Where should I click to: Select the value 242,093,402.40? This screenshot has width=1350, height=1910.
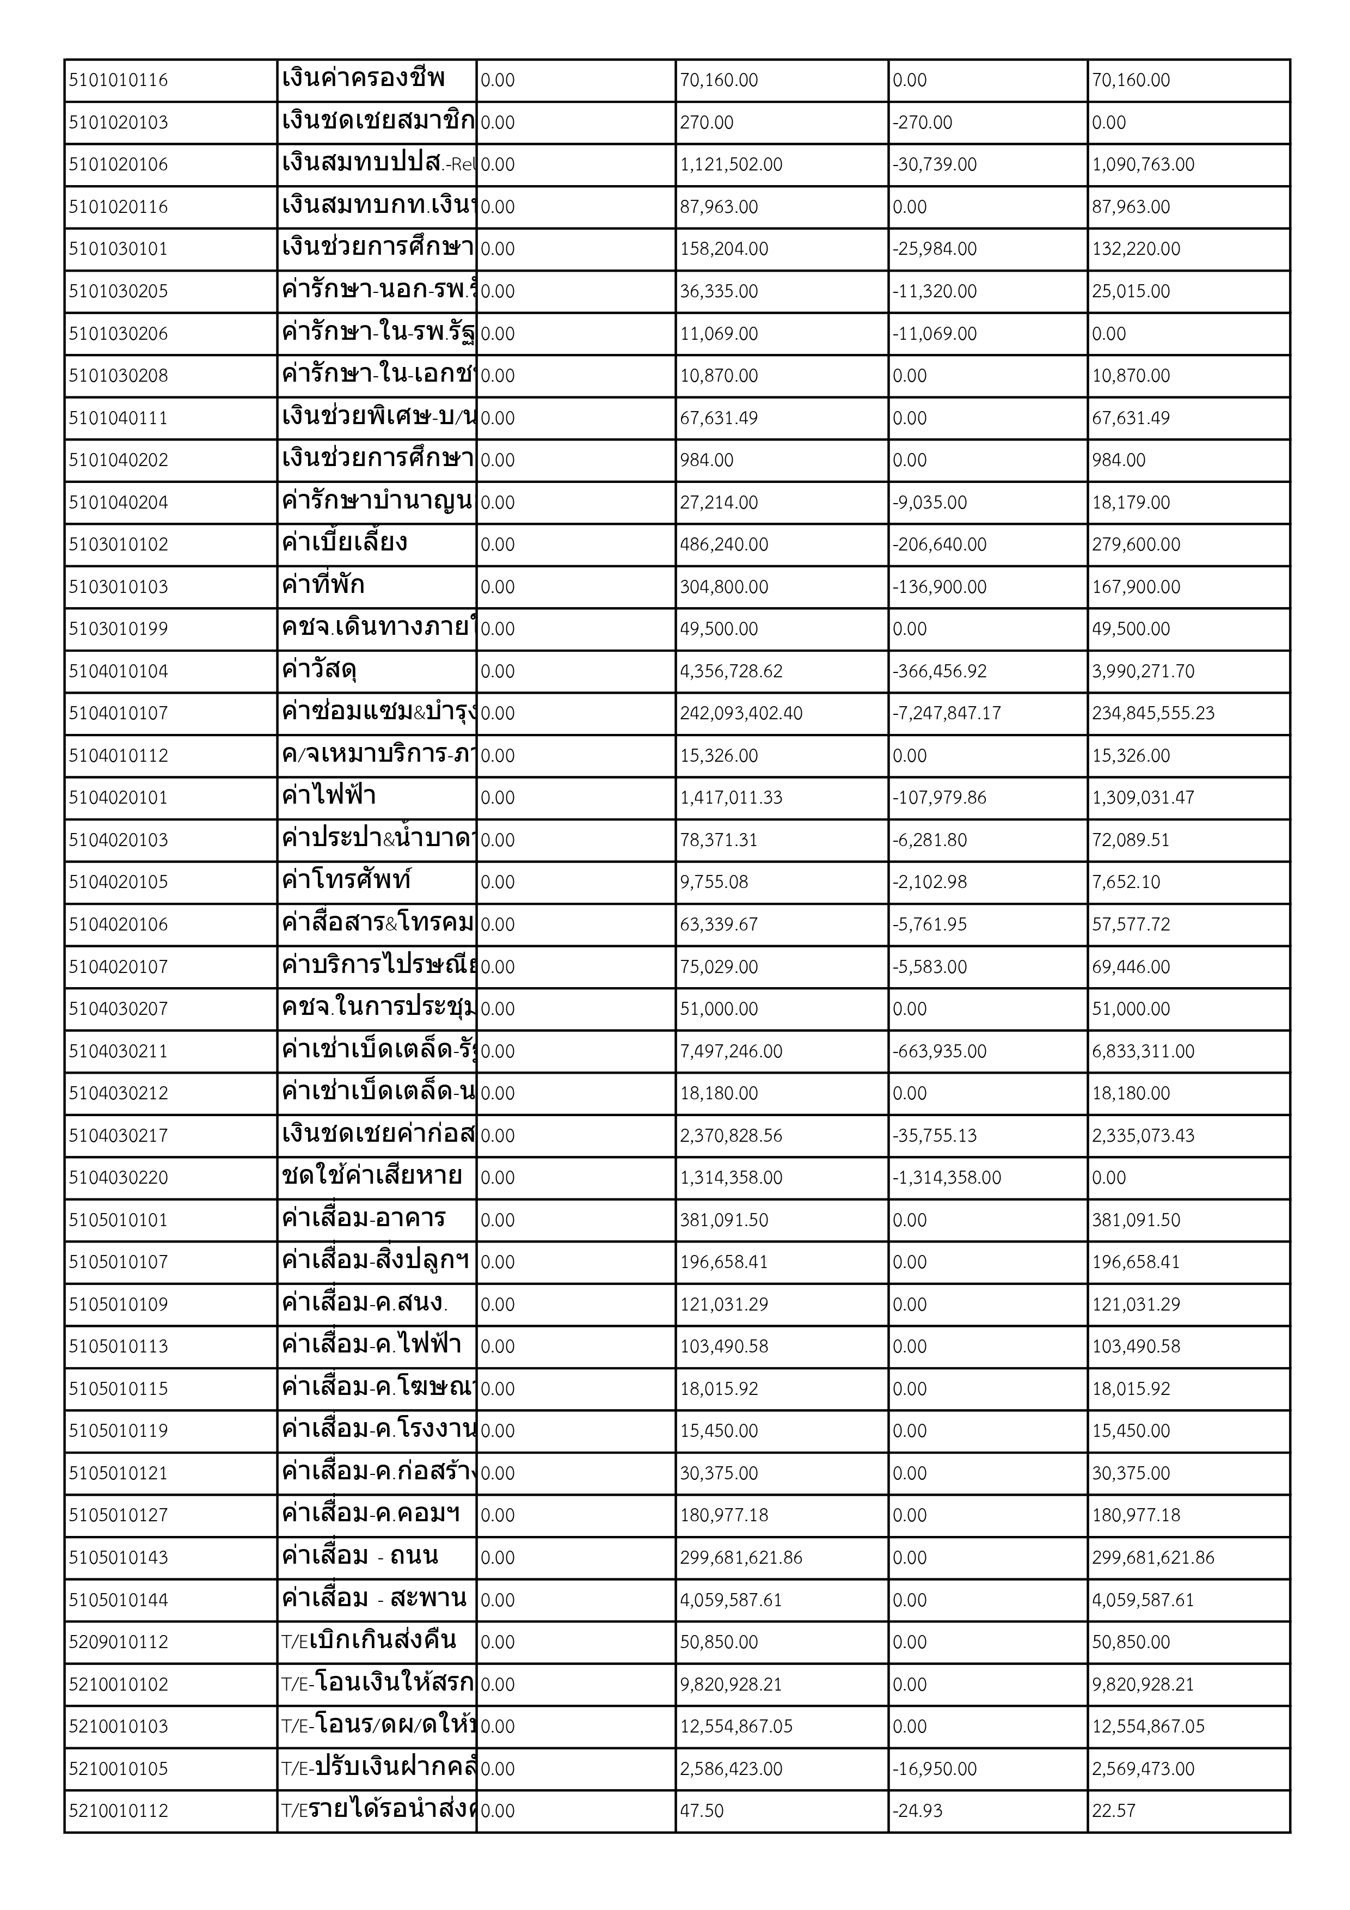coord(741,714)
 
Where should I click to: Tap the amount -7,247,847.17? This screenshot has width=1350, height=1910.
coord(947,714)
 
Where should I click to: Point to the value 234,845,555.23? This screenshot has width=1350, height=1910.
coord(1153,714)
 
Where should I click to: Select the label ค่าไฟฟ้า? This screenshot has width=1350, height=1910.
coord(329,796)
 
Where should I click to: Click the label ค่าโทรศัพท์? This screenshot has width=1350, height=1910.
coord(347,880)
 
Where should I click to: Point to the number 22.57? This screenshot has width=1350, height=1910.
coord(1113,1811)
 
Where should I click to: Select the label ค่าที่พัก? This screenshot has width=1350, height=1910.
coord(323,586)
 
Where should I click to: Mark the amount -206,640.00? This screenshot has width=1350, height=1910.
coord(939,545)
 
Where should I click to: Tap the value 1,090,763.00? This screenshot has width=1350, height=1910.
coord(1143,165)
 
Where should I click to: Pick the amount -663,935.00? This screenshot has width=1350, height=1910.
coord(939,1051)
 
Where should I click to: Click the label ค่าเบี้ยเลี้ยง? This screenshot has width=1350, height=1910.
coord(345,543)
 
